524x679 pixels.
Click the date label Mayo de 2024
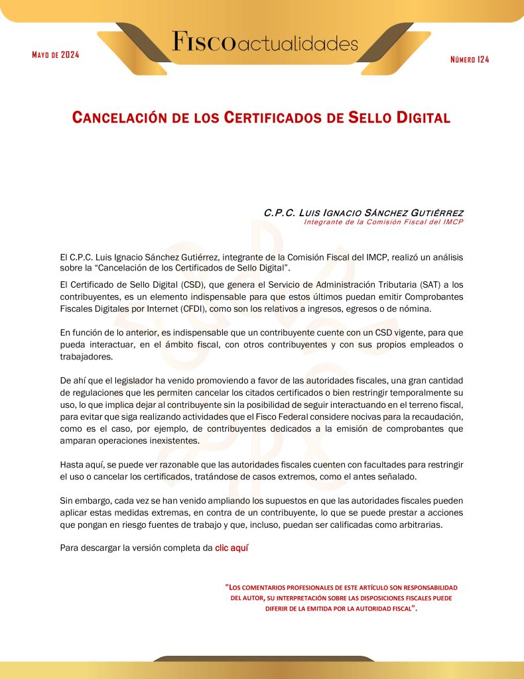coord(56,54)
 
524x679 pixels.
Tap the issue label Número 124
coord(470,60)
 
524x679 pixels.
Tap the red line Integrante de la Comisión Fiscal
coord(383,222)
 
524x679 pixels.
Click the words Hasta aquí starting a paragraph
coord(80,464)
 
